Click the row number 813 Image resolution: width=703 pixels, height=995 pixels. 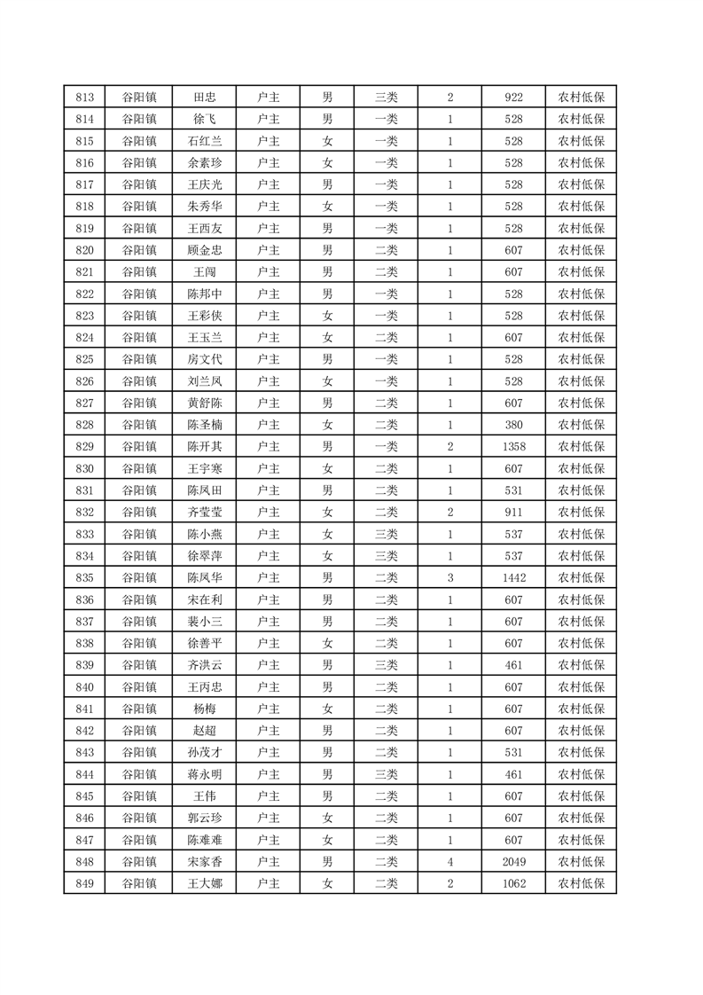85,98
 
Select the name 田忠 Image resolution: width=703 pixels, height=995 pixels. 205,98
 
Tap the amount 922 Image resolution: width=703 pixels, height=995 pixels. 513,98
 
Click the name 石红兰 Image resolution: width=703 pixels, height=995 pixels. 205,141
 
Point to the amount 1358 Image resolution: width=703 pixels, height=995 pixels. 513,446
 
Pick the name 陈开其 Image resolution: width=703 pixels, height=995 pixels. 205,446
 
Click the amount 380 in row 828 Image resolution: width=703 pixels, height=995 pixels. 513,425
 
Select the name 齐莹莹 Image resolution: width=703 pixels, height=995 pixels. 205,512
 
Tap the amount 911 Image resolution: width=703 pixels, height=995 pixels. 513,512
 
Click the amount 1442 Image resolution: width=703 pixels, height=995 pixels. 513,577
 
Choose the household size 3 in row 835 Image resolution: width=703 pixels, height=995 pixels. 450,577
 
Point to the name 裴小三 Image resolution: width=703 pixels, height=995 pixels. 205,622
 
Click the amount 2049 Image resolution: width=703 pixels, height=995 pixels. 513,861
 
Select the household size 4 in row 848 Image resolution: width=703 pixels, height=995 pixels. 450,861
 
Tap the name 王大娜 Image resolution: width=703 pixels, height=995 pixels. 205,883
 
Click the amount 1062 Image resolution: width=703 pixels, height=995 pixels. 513,883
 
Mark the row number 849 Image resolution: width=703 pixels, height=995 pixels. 85,883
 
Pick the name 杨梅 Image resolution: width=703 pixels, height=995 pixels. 205,709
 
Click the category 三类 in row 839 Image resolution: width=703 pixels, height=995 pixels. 387,665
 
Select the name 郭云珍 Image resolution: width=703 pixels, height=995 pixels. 205,818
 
